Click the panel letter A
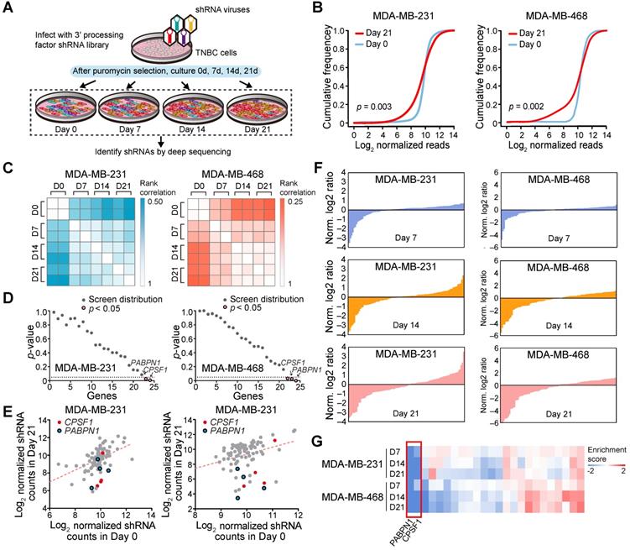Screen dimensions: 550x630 (9, 9)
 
